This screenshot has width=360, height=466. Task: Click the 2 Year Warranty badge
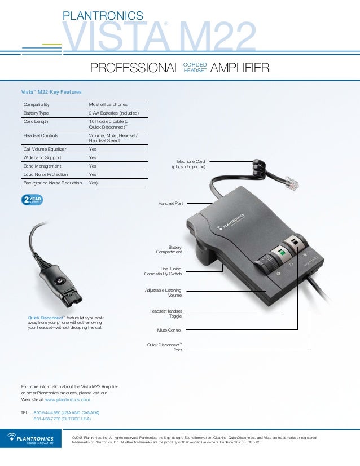coord(32,200)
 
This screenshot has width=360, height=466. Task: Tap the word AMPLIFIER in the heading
coord(239,69)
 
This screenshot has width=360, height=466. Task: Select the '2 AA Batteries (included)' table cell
coord(111,113)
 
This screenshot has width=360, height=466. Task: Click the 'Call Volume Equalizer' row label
coord(45,149)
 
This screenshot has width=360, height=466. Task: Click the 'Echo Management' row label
coord(42,166)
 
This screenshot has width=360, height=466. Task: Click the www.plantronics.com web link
coord(68,399)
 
